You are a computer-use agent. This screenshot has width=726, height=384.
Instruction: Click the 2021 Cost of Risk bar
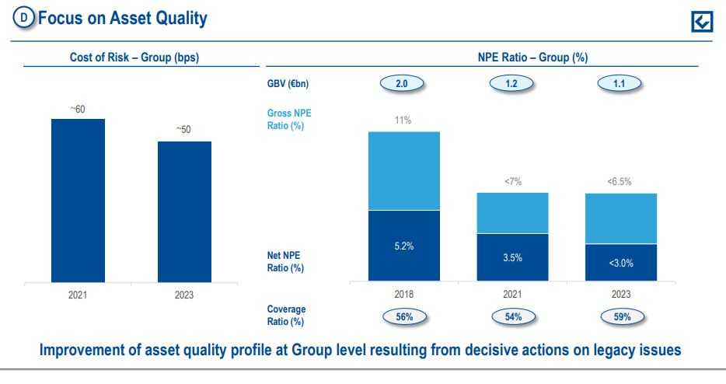point(78,201)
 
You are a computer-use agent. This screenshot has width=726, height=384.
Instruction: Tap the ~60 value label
point(78,110)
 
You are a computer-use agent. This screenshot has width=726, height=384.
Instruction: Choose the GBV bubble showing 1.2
point(512,84)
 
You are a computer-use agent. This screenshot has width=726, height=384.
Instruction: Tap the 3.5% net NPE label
point(512,257)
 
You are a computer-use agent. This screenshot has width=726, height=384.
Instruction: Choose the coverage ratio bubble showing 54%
point(512,317)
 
